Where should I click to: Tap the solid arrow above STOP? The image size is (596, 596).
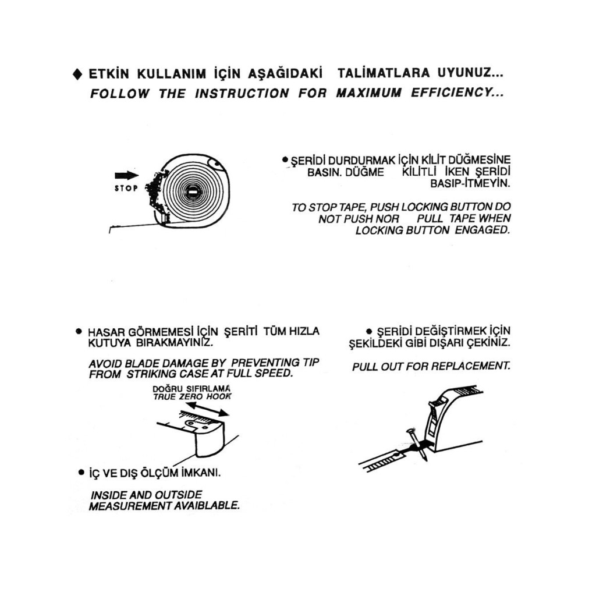click(127, 176)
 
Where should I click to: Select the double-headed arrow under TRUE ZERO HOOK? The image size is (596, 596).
click(208, 409)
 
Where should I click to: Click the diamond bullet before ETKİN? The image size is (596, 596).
click(77, 75)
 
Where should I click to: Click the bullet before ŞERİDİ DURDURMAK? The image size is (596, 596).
click(285, 159)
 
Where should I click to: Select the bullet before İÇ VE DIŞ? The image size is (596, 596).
click(80, 472)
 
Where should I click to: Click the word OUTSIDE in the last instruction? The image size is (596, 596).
click(178, 495)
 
